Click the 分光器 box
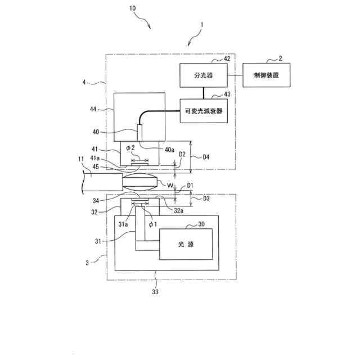(202, 75)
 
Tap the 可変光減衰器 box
(202, 111)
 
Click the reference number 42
(227, 57)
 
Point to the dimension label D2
(182, 154)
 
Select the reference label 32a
(177, 210)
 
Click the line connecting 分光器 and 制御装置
(233, 75)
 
